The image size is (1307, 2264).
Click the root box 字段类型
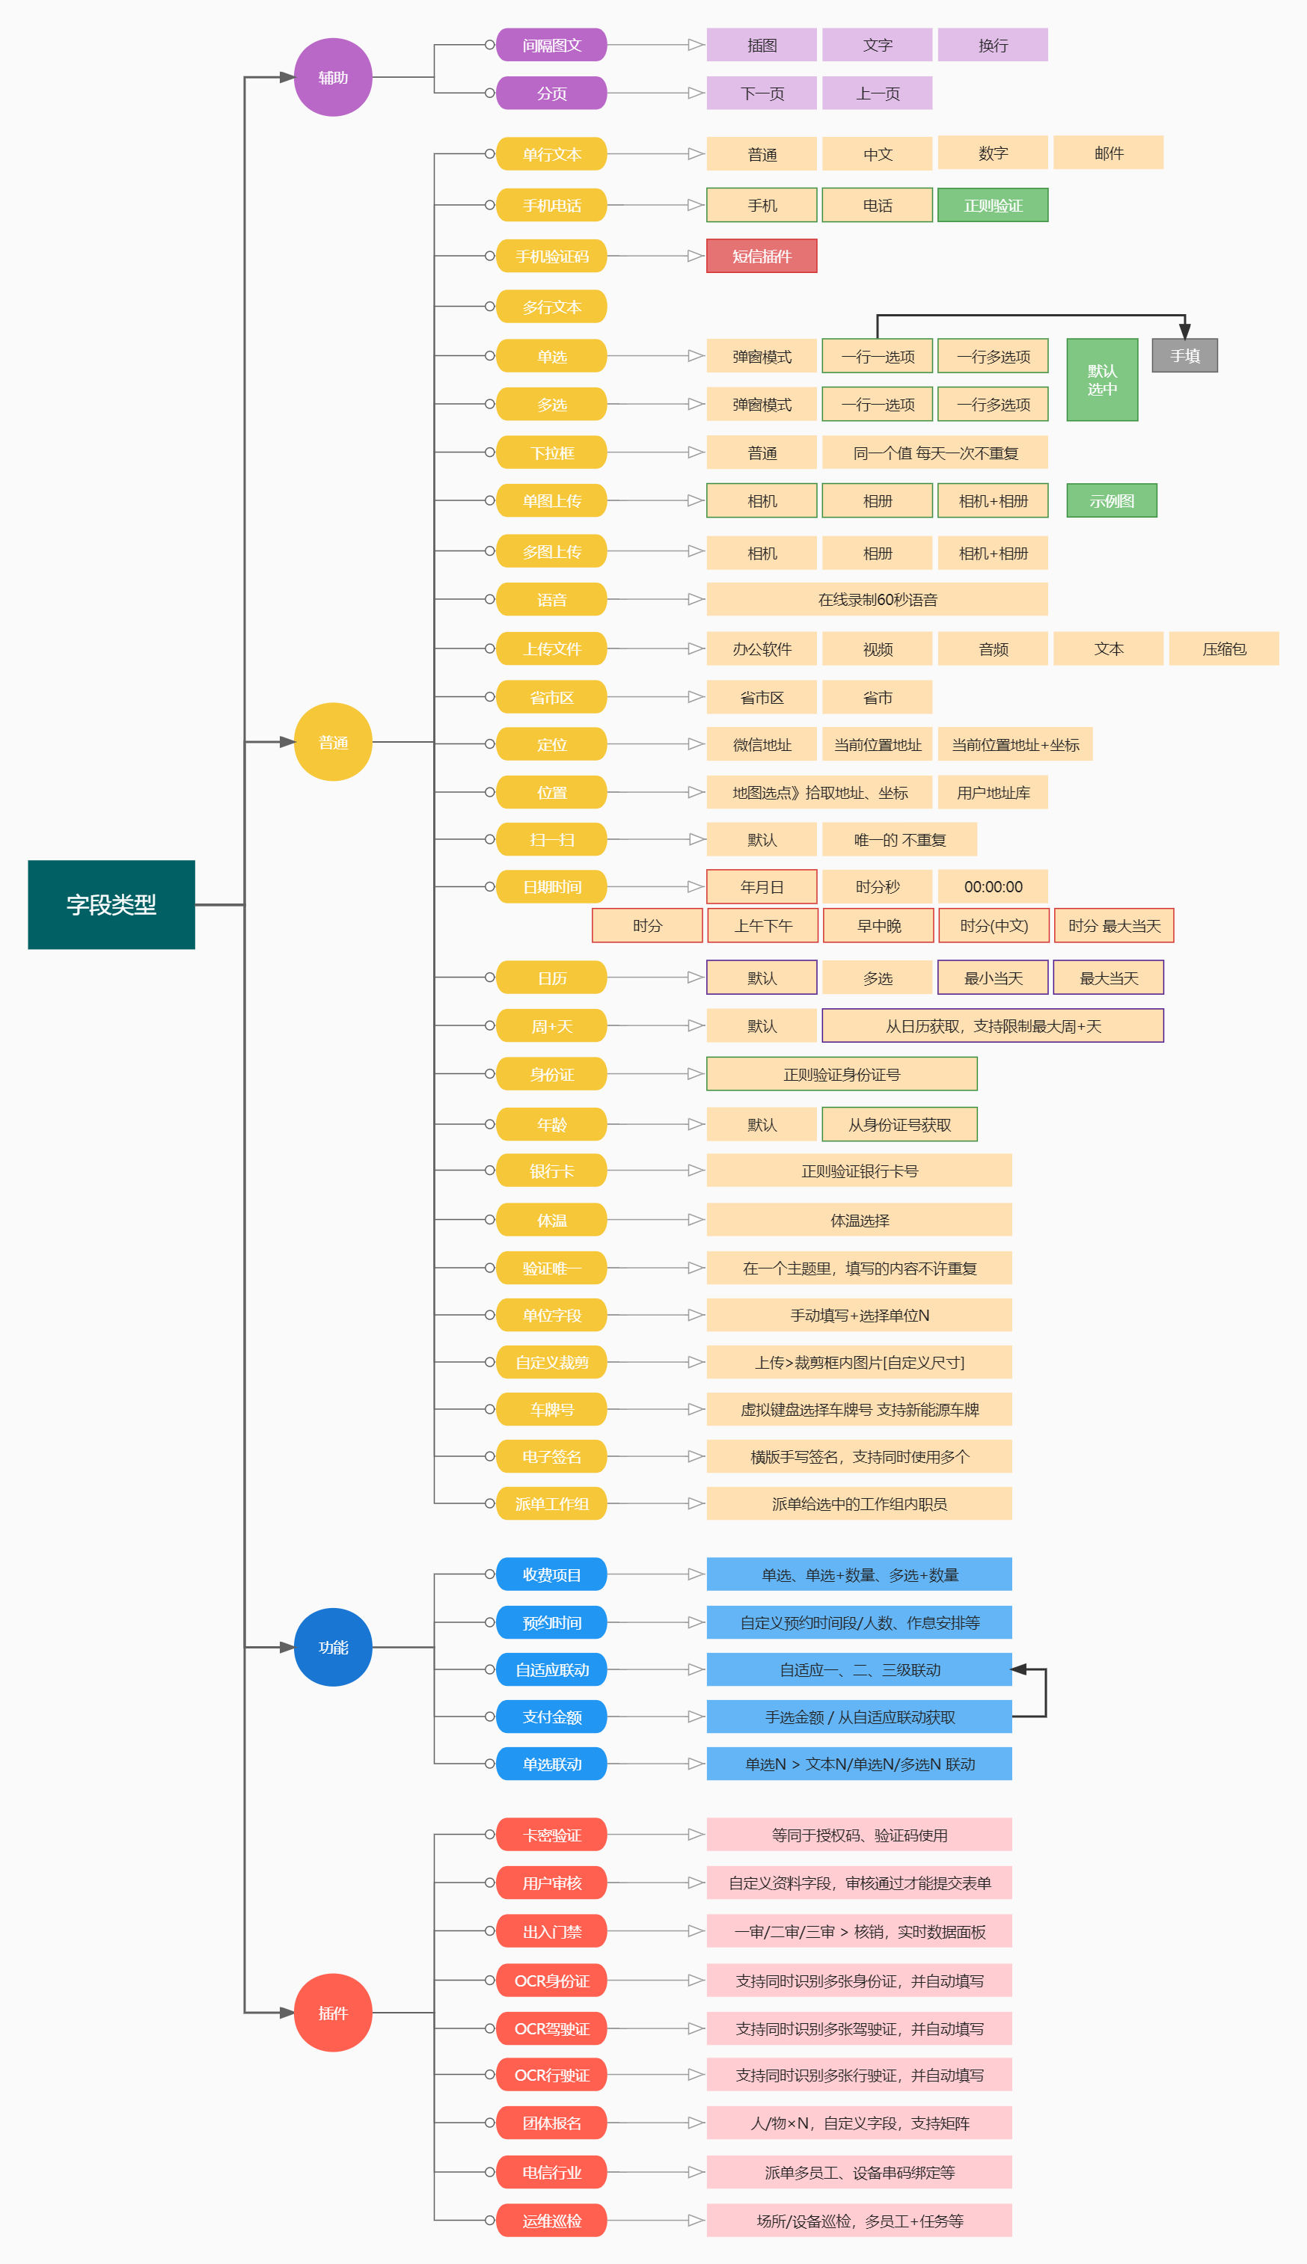(x=111, y=904)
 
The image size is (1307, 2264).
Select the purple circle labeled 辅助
(x=333, y=77)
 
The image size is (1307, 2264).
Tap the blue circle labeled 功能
(x=333, y=1647)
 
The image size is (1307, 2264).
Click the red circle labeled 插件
(x=333, y=2012)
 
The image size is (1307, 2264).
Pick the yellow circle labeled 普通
(x=333, y=742)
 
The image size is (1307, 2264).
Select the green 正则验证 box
(x=993, y=206)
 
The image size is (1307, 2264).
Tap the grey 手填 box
(x=1184, y=355)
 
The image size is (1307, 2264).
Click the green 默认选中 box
(x=1101, y=379)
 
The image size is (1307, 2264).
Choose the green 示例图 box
(x=1111, y=500)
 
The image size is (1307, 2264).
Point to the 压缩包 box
(x=1223, y=648)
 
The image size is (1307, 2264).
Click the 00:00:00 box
(x=993, y=886)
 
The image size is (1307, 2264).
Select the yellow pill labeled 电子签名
(x=551, y=1456)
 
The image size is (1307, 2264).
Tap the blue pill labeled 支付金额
(x=551, y=1717)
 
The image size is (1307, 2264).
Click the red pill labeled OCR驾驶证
(x=551, y=2028)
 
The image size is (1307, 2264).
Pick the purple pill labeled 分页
(x=551, y=93)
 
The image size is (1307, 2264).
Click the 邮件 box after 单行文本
(x=1109, y=153)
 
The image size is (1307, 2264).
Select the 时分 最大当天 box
(x=1114, y=925)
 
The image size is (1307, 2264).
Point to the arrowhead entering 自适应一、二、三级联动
(x=1019, y=1669)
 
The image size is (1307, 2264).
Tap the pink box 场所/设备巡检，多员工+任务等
(x=859, y=2220)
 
